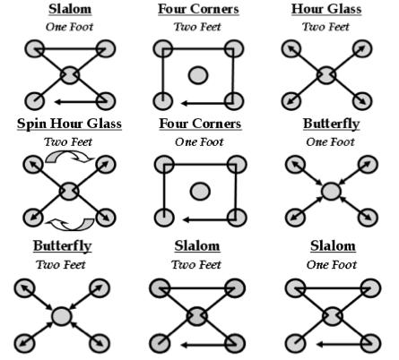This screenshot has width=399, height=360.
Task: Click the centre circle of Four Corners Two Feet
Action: click(x=198, y=75)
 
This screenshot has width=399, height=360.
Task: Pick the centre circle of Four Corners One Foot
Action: click(x=200, y=192)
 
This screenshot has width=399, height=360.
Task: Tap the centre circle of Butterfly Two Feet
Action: click(x=62, y=316)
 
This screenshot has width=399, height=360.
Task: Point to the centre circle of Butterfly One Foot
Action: click(x=331, y=191)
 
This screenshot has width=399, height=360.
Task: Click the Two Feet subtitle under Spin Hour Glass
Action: click(x=68, y=141)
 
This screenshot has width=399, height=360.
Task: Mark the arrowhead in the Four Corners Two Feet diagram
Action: click(x=185, y=103)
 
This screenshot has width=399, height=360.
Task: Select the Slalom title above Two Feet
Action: click(x=197, y=246)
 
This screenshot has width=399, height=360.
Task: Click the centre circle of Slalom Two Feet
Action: click(x=197, y=316)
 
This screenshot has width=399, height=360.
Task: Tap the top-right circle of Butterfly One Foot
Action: click(x=368, y=165)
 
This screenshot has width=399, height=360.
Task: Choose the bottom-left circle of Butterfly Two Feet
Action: click(x=25, y=344)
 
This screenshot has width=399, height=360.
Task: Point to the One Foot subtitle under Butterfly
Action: click(x=330, y=141)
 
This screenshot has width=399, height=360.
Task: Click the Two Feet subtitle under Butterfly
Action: click(x=61, y=264)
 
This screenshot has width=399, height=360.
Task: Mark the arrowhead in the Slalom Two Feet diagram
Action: click(x=185, y=345)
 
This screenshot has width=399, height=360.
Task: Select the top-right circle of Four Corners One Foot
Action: click(x=237, y=165)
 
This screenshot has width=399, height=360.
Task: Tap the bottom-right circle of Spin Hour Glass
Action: click(x=106, y=218)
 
